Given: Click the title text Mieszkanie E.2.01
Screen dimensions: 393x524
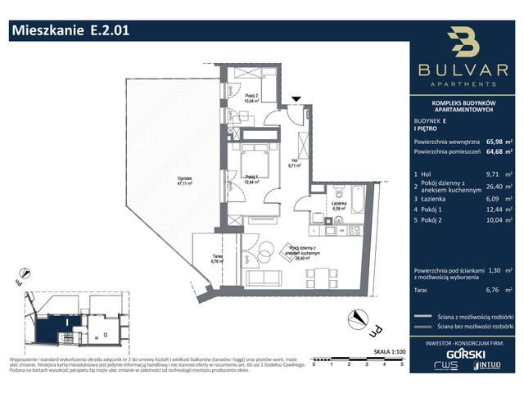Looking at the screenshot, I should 70,32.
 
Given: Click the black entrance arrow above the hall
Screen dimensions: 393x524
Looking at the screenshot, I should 296,99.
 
